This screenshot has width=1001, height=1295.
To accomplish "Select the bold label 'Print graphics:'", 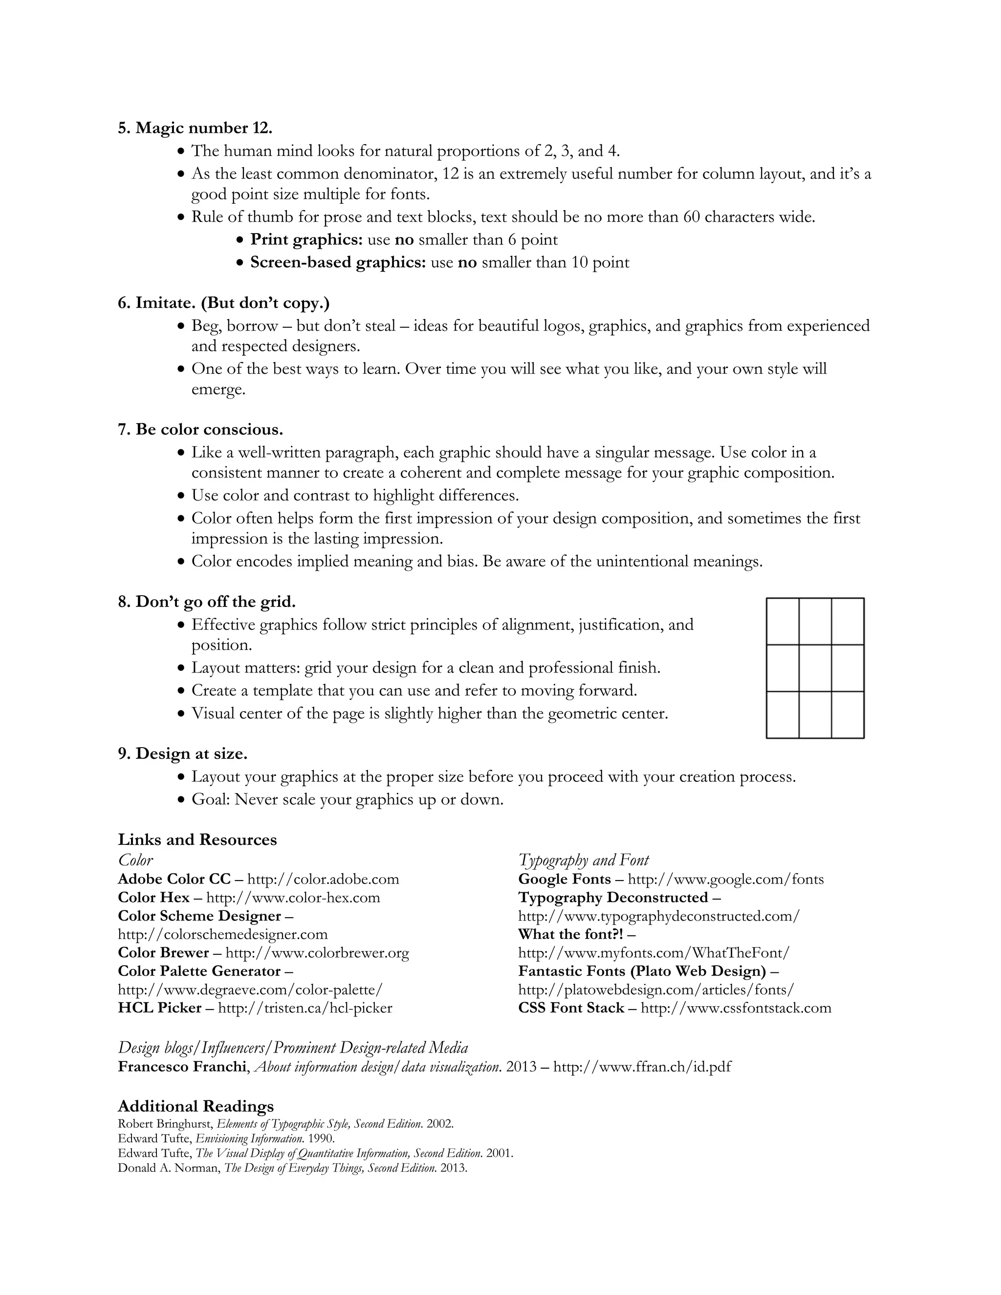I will pos(306,239).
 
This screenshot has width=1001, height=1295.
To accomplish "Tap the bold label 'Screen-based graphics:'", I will pos(338,262).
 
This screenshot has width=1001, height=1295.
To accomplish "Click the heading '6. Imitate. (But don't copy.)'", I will pos(223,303).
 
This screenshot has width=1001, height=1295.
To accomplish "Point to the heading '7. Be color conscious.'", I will pos(200,429).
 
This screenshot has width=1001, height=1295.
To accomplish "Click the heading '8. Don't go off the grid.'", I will pos(206,602).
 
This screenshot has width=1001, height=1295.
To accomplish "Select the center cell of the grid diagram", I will pos(815,668).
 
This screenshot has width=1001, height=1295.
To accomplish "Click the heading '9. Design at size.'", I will pos(183,754).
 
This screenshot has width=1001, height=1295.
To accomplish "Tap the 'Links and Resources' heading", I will pos(197,840).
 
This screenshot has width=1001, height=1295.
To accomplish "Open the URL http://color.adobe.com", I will pos(323,879).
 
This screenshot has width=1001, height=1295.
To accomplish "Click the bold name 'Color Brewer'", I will pos(163,952).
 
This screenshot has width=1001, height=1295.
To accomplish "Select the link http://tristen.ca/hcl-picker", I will pos(305,1008).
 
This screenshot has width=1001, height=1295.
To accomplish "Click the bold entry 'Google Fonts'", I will pos(564,879).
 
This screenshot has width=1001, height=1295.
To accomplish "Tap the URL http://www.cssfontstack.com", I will pos(736,1008).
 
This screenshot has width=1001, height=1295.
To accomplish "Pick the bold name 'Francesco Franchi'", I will pos(182,1067).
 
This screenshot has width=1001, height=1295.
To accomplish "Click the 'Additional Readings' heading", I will pos(196,1106).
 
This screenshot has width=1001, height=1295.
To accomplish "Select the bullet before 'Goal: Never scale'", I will pos(182,800).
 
